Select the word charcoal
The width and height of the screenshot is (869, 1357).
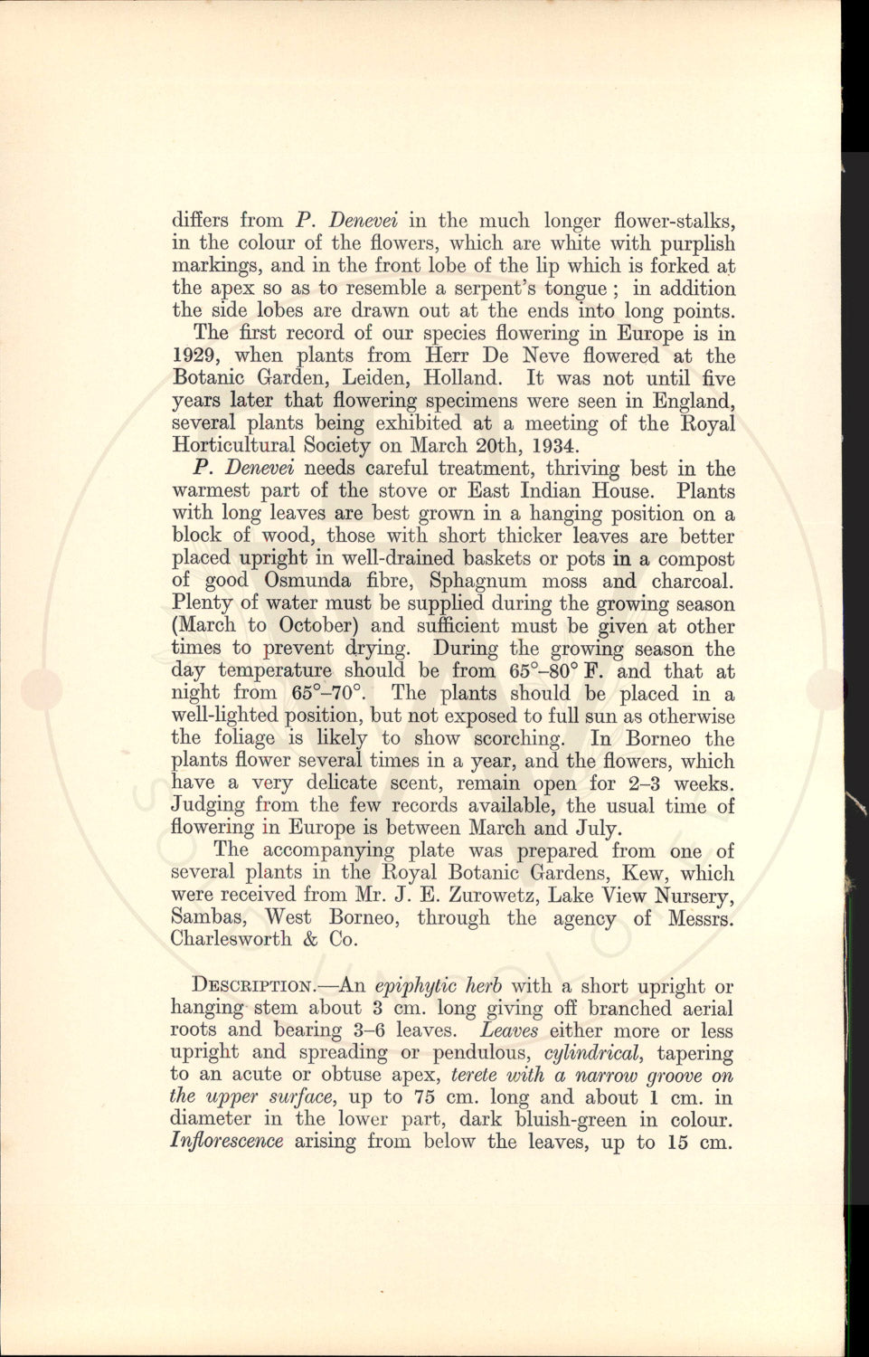coord(691,581)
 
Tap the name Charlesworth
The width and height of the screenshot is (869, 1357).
coord(231,939)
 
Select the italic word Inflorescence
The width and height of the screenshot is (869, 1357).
coord(226,1142)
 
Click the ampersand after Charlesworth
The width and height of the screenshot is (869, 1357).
coord(307,939)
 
